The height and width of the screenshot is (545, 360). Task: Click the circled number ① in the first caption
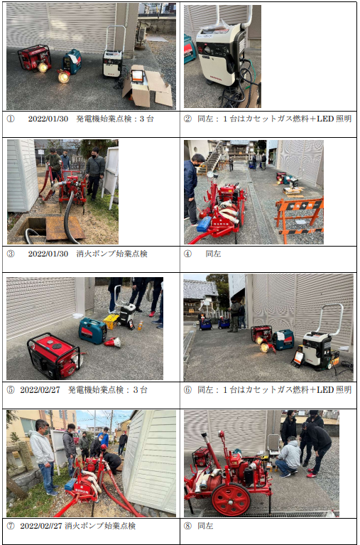tap(11, 119)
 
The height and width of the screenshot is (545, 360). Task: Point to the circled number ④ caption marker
tap(187, 254)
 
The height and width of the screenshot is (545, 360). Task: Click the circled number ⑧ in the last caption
tap(187, 526)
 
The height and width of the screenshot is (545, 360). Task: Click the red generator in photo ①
tap(34, 58)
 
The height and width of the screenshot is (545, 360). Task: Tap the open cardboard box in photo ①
tap(147, 85)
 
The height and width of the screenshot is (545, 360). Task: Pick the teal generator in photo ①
tap(72, 62)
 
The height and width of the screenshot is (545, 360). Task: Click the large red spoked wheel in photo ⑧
tap(231, 500)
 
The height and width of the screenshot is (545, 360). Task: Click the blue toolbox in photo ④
tap(204, 225)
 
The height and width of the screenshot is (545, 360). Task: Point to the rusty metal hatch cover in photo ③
tap(65, 228)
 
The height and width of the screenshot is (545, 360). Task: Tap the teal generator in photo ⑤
tap(93, 330)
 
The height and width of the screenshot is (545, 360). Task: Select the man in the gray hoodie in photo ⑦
tap(43, 455)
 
